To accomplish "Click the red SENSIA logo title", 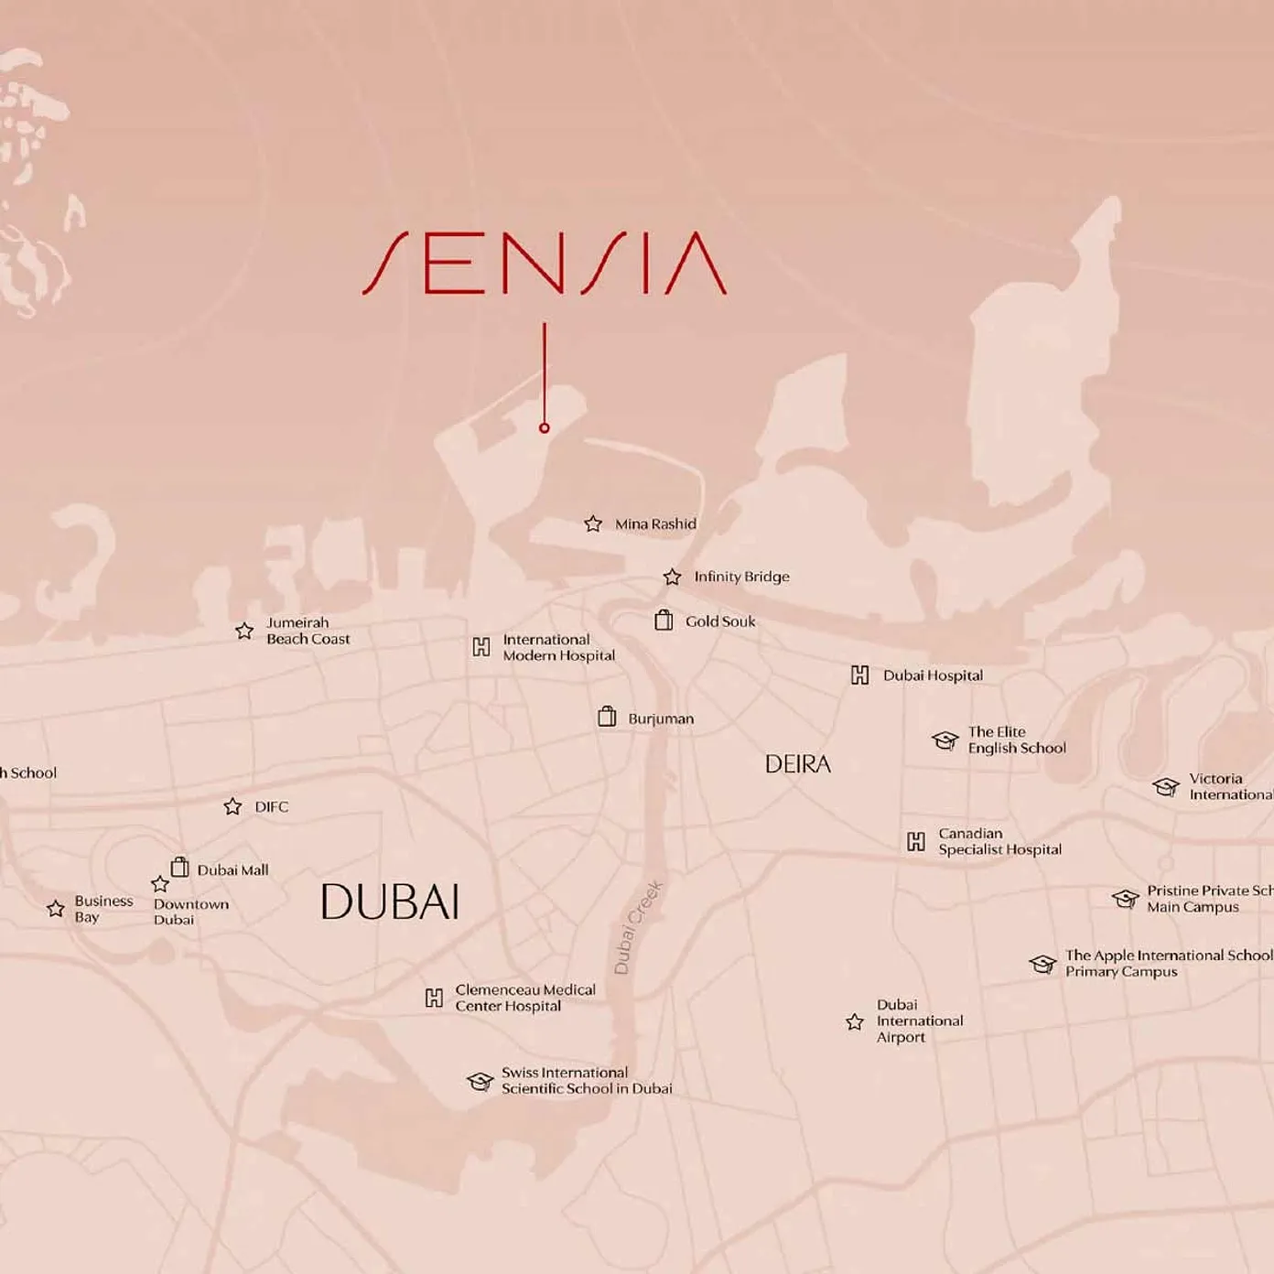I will (x=545, y=264).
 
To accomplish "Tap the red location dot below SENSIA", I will (x=545, y=427).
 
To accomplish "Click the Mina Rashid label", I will (x=655, y=524).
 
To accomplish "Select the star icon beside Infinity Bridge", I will (x=673, y=577).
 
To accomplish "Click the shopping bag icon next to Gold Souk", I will (x=664, y=621).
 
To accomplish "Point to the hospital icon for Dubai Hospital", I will (x=860, y=675).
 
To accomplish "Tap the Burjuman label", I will (x=661, y=719).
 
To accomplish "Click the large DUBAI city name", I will (x=390, y=902).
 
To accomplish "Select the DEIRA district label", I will (x=798, y=764).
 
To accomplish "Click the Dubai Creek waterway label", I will (x=637, y=927).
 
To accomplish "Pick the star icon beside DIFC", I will (x=232, y=806).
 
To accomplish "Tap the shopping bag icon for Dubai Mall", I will (x=180, y=867).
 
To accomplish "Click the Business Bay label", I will (x=103, y=909).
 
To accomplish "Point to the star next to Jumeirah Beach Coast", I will (x=244, y=631).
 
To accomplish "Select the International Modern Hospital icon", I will (x=481, y=647).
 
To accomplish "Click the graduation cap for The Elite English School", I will (x=945, y=740).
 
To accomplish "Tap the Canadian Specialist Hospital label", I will (x=999, y=841).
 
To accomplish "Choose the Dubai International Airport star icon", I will (x=855, y=1021).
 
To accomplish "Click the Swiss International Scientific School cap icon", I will (x=480, y=1081).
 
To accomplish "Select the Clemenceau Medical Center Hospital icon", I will (x=435, y=998).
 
